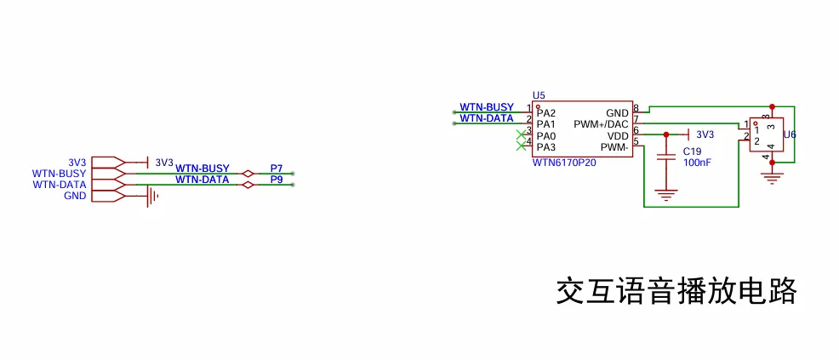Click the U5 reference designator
tap(538, 95)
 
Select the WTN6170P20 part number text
tap(564, 162)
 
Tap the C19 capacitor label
tap(691, 151)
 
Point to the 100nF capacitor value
tap(697, 162)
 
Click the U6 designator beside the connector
tap(789, 134)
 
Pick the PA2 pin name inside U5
tap(545, 112)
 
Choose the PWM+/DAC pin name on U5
tap(601, 124)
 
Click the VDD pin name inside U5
tap(618, 135)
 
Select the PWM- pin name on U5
tap(614, 147)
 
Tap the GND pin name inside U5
tap(617, 112)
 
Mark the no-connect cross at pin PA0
tap(521, 136)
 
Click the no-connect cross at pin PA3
tap(521, 147)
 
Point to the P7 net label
tap(276, 168)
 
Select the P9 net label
tap(276, 180)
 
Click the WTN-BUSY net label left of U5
tap(487, 106)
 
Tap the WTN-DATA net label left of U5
tap(487, 118)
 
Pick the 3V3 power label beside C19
tap(705, 134)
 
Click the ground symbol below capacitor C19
tap(665, 194)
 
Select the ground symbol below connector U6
tap(772, 178)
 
